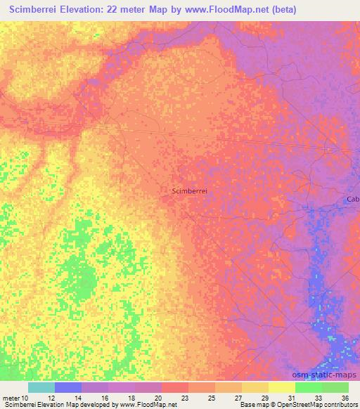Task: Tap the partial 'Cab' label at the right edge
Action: pos(353,200)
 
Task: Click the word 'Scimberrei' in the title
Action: pos(28,10)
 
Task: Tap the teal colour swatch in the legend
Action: pos(41,387)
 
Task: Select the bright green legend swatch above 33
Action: pos(309,387)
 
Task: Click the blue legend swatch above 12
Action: pos(68,387)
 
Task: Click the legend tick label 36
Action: pos(345,397)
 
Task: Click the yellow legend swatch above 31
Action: pos(282,387)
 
